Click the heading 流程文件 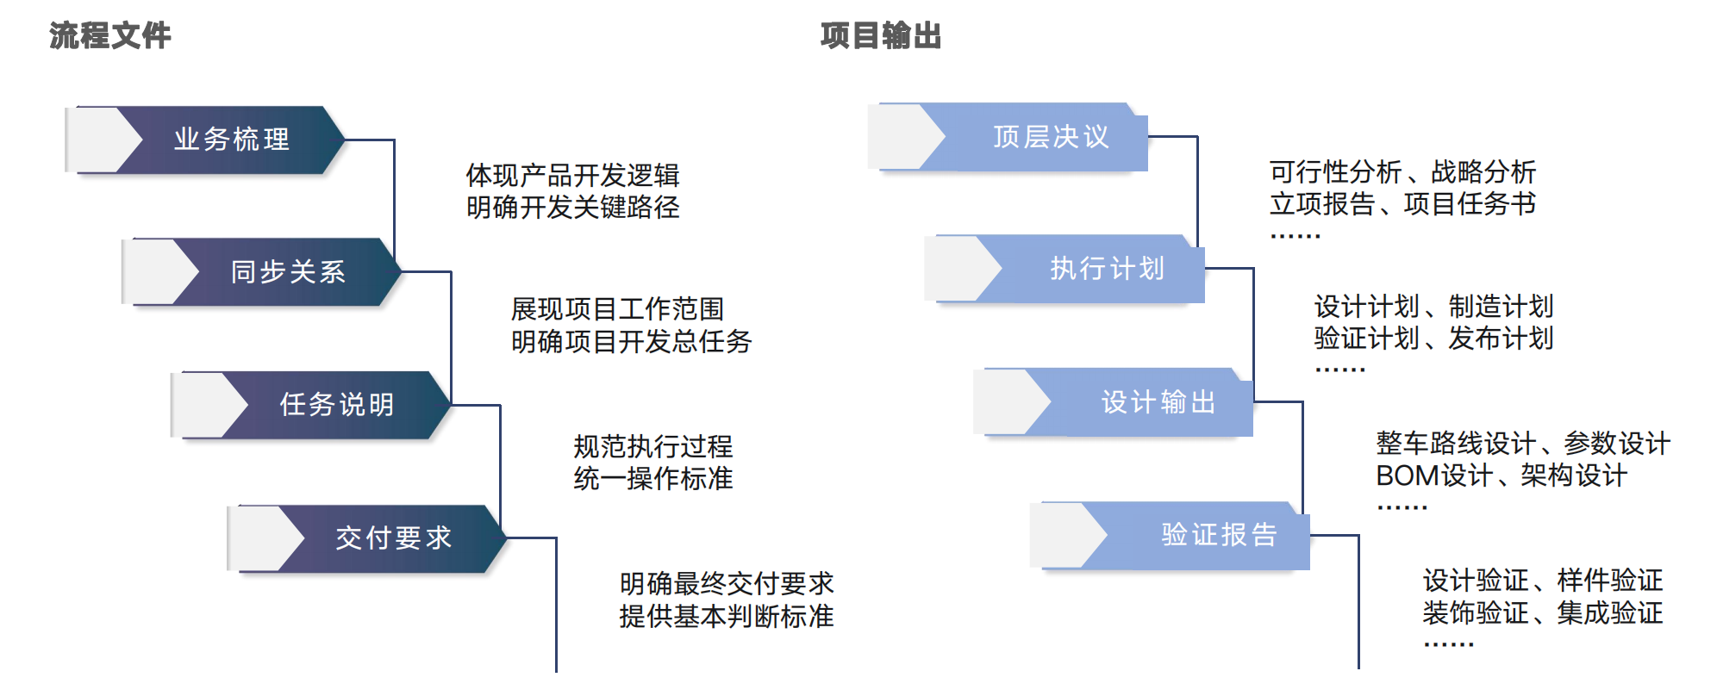[109, 36]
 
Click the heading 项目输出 [880, 36]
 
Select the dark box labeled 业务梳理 [231, 140]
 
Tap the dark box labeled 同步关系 [288, 272]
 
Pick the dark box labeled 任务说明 [337, 405]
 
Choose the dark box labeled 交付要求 [393, 538]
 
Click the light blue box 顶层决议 [1050, 137]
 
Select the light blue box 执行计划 [1107, 269]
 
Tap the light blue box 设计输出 [1158, 402]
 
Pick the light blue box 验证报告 [1218, 535]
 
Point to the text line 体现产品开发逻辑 [572, 176]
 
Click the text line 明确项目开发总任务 [631, 342]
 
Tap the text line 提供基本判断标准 [726, 617]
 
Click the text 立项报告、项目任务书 [1402, 205]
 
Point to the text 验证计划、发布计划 [1433, 339]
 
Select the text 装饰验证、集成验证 [1542, 613]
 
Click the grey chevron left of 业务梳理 [103, 140]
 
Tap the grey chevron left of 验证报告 [1067, 535]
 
